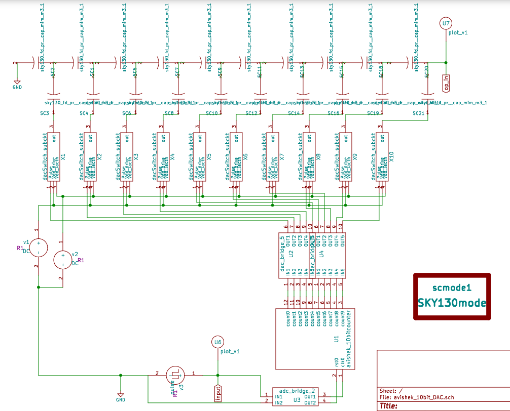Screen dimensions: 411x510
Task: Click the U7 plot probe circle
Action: click(x=446, y=23)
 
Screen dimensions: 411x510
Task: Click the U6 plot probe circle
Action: click(x=218, y=343)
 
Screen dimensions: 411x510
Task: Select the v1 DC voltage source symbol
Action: click(x=38, y=248)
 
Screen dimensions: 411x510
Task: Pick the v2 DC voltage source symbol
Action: click(x=63, y=260)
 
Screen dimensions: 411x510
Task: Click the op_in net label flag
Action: click(x=446, y=82)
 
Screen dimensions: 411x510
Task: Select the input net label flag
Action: click(x=218, y=393)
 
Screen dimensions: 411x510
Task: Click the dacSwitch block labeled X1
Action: click(x=53, y=157)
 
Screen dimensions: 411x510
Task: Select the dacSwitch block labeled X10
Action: click(x=381, y=157)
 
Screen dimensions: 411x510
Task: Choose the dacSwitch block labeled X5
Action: click(x=199, y=157)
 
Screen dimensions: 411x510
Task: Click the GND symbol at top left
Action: click(x=17, y=84)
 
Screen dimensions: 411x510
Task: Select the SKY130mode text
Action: click(x=452, y=303)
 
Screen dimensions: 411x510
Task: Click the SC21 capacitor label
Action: click(x=419, y=113)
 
